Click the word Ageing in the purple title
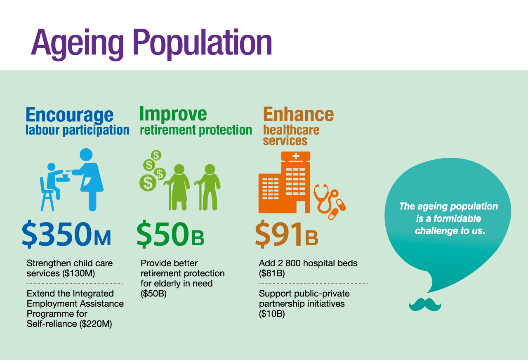coord(77,44)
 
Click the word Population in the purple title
coord(203,44)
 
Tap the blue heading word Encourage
coord(70,115)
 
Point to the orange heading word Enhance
coord(298,114)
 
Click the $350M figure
coord(66,234)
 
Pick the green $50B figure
coord(170,234)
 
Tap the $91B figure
coord(287,234)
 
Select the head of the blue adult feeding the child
coord(86,155)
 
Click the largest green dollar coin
coord(148,183)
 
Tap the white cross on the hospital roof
coord(296,156)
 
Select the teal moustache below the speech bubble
coord(425,305)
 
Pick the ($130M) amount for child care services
coord(78,273)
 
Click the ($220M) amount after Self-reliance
coord(95,324)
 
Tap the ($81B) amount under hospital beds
coord(272,273)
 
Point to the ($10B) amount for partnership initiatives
coord(272,314)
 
